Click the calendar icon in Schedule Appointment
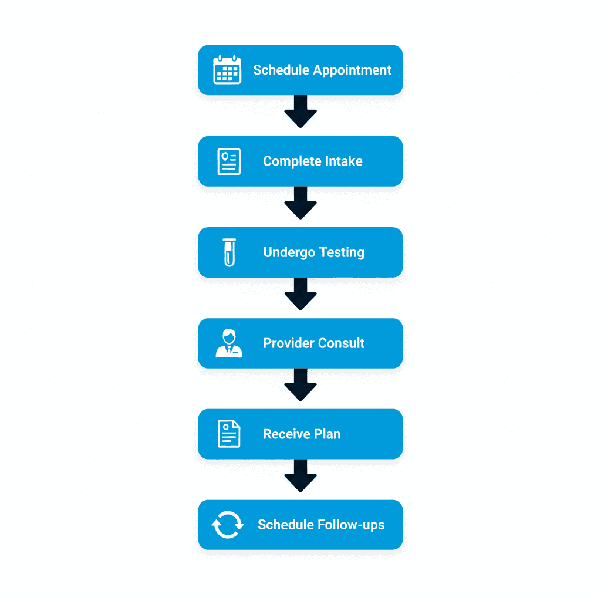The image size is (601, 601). (227, 70)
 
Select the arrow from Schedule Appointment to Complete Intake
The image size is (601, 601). (300, 112)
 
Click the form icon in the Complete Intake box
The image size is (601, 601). (229, 161)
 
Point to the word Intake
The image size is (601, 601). (343, 161)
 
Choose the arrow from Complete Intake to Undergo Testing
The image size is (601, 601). (300, 202)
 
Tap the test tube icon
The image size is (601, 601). (229, 252)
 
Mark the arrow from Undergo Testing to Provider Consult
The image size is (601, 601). (300, 293)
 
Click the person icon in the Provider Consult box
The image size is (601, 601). (229, 343)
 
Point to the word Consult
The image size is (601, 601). (343, 343)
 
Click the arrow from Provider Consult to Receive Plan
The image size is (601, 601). (300, 384)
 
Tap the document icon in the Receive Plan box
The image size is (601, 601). (229, 434)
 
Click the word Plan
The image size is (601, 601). (327, 434)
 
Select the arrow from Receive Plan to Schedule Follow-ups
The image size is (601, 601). (300, 475)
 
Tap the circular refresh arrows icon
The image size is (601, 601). (227, 525)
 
